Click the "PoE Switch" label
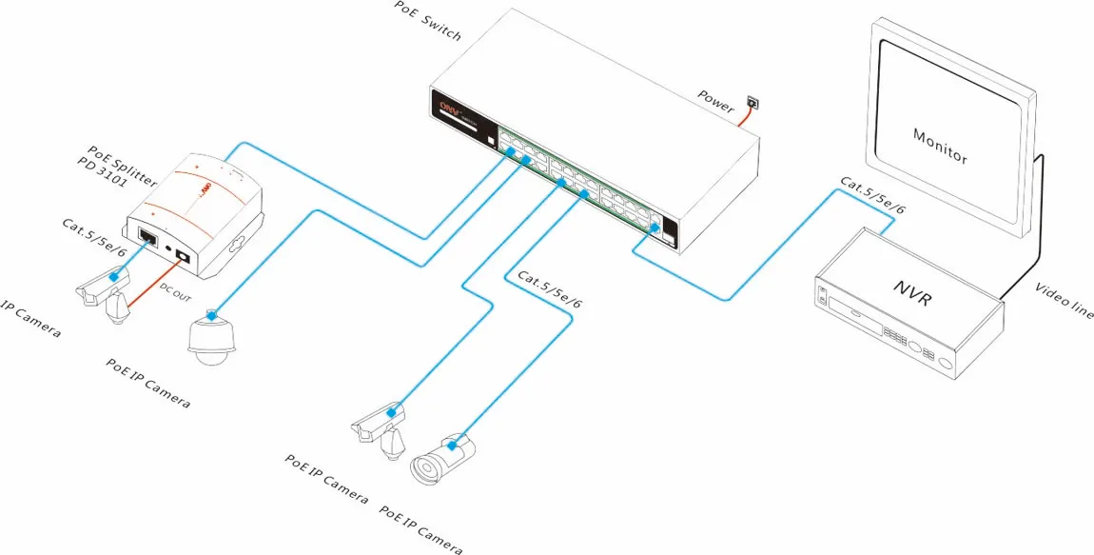click(428, 20)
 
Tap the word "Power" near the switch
click(716, 100)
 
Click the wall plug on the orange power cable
click(752, 102)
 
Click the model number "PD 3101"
click(104, 170)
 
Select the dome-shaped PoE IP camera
click(208, 339)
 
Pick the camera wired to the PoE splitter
click(103, 291)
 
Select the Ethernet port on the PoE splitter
click(149, 234)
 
